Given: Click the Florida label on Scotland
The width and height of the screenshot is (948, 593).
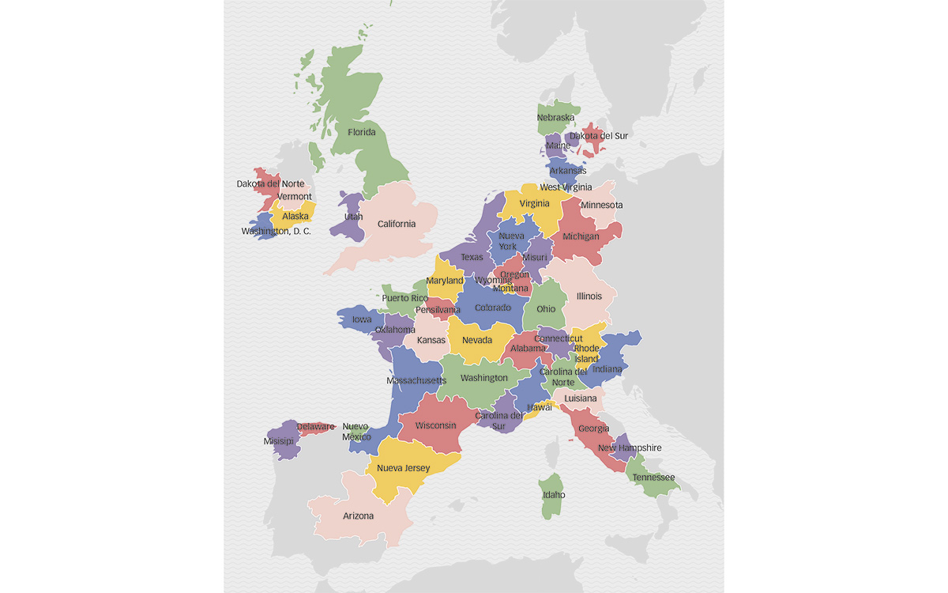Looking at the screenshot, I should pyautogui.click(x=362, y=132).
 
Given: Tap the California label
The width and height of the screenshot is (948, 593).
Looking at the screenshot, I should pyautogui.click(x=396, y=224).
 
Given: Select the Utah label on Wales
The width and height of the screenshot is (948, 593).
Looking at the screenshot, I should pyautogui.click(x=353, y=216).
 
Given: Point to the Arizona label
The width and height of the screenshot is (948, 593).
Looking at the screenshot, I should pyautogui.click(x=358, y=516).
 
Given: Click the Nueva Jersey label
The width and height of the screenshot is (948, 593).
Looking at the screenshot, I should pyautogui.click(x=403, y=467).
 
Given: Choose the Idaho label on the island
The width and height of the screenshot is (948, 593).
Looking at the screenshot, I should pyautogui.click(x=554, y=495).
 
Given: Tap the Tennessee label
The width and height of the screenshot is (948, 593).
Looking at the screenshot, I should pyautogui.click(x=653, y=478).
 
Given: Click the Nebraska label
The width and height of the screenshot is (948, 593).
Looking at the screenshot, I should pyautogui.click(x=555, y=118).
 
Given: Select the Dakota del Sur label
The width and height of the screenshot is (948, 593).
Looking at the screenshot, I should pyautogui.click(x=599, y=135).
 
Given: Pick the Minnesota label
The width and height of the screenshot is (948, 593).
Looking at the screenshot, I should pyautogui.click(x=601, y=205).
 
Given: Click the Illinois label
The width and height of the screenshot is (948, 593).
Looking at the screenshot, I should pyautogui.click(x=589, y=296).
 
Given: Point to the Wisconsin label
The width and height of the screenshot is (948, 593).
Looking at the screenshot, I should pyautogui.click(x=436, y=425).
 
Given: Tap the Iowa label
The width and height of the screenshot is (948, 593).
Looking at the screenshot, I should pyautogui.click(x=362, y=319).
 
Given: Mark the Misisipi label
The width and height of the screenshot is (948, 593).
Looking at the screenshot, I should pyautogui.click(x=278, y=441).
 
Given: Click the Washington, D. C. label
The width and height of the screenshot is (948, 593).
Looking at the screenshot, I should pyautogui.click(x=276, y=232).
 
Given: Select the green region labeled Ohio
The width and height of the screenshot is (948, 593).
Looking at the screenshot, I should pyautogui.click(x=546, y=309).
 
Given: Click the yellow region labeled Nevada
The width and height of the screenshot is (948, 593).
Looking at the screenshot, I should pyautogui.click(x=477, y=340).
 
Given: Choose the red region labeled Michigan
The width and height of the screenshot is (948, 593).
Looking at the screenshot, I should pyautogui.click(x=581, y=236).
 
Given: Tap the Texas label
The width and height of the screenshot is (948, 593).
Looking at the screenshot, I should pyautogui.click(x=472, y=257).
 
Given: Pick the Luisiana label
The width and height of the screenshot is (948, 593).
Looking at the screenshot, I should pyautogui.click(x=581, y=398).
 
